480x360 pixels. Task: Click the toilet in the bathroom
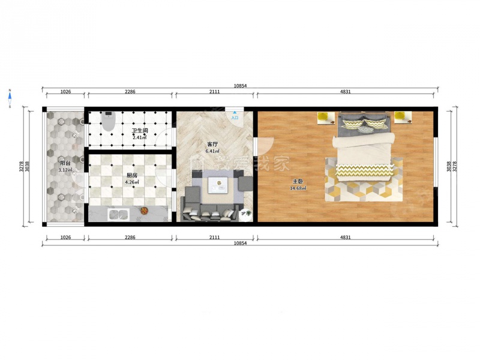[108, 121]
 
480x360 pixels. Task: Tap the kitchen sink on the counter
[118, 214]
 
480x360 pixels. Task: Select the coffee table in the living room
[218, 185]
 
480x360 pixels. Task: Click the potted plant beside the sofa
[245, 214]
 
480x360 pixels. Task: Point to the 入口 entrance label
[235, 118]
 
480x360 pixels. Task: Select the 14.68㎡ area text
[298, 188]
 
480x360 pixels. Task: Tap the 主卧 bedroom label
[298, 182]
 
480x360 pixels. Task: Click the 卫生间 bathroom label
[140, 131]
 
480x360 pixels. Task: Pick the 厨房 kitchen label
[131, 175]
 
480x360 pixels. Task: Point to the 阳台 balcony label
[65, 163]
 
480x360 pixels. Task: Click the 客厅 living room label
[212, 144]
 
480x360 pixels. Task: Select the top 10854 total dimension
[240, 86]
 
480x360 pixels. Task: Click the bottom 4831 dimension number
[346, 237]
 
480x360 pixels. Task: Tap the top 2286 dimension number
[130, 92]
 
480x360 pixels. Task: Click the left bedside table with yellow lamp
[326, 118]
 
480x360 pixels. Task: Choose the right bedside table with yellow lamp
[403, 118]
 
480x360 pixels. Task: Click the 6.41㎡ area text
[212, 151]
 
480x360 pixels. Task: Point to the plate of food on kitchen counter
[144, 211]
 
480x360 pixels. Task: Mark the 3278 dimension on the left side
[21, 167]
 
